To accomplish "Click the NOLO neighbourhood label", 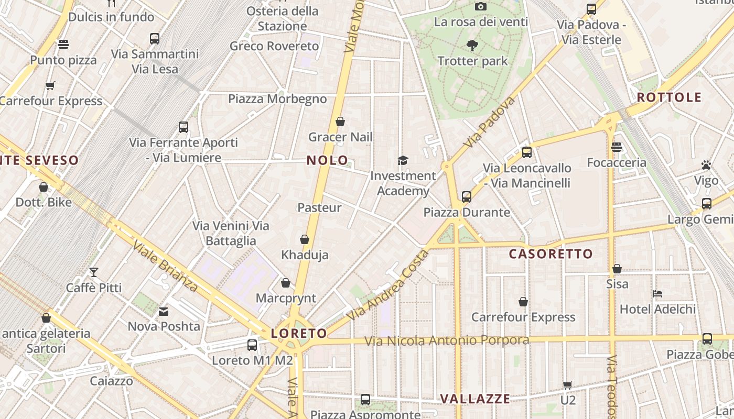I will (x=327, y=160).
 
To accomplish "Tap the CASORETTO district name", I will (x=551, y=254).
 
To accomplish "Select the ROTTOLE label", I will (x=669, y=97).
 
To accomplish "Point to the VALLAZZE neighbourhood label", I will (x=475, y=399).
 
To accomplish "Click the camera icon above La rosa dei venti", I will (x=480, y=7).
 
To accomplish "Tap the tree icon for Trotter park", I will (x=472, y=46).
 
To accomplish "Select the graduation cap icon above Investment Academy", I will (x=403, y=160).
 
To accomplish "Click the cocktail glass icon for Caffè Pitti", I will (x=94, y=272).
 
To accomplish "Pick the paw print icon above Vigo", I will (x=706, y=166).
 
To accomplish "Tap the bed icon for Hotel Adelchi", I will (x=657, y=294).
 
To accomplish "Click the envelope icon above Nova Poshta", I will (x=164, y=312).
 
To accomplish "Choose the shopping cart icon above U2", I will (x=567, y=385).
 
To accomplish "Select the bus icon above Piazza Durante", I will (x=467, y=197).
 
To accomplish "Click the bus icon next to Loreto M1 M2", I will (x=252, y=345).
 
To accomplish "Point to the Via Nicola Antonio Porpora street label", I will (x=447, y=341).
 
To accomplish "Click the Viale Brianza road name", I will (x=165, y=266).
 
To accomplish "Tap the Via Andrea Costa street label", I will (x=388, y=285).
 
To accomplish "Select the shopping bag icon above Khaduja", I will (x=305, y=240).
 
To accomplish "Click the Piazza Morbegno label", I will (x=277, y=99).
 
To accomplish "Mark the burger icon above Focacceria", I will (x=617, y=147).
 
